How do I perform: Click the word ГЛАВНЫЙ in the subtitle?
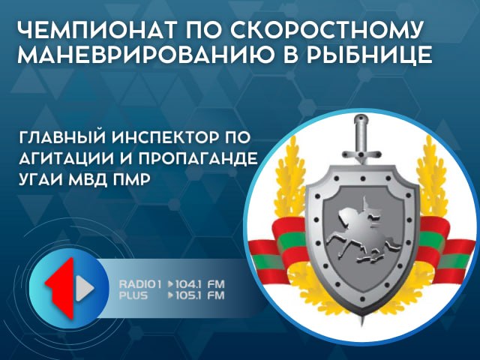[61, 137]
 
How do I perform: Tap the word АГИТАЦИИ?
[68, 158]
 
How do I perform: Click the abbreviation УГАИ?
[40, 179]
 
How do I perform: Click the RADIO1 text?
[140, 284]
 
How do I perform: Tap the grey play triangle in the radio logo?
[85, 288]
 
